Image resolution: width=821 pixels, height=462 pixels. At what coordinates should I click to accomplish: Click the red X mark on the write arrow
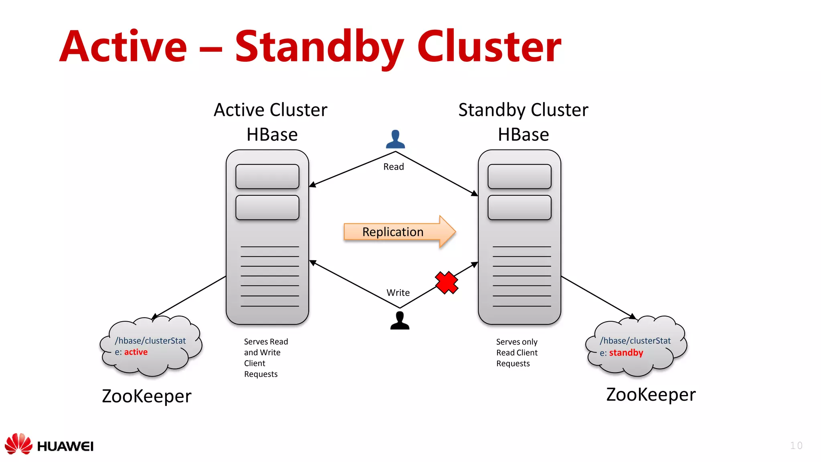tap(447, 283)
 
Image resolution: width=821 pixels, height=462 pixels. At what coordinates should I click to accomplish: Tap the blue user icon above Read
tap(395, 140)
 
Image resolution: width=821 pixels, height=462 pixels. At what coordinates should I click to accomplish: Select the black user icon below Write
tap(400, 321)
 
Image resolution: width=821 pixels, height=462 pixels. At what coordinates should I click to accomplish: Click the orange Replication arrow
tap(399, 232)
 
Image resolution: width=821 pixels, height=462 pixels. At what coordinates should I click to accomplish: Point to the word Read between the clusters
tap(393, 167)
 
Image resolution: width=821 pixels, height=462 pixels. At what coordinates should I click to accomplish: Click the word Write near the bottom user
tap(398, 293)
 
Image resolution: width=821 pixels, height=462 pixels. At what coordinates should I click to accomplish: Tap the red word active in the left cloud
tap(136, 352)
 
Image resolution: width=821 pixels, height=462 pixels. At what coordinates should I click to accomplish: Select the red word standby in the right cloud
tap(626, 353)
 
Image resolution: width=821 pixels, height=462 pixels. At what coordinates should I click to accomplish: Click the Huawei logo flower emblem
tap(18, 444)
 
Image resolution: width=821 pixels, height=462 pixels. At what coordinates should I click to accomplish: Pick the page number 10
tap(796, 446)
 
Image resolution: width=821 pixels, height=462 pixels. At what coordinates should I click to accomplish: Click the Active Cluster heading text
tap(270, 110)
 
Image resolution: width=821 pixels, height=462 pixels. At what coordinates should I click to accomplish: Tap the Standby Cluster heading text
tap(523, 110)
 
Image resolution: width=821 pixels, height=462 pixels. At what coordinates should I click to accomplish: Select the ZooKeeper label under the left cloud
tap(147, 396)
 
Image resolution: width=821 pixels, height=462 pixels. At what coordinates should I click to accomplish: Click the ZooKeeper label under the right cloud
tap(651, 395)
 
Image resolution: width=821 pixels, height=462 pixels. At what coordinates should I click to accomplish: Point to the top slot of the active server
tap(267, 176)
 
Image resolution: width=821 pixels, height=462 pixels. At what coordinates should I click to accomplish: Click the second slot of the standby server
tap(519, 207)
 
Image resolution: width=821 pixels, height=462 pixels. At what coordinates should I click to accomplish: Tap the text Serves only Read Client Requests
tap(516, 353)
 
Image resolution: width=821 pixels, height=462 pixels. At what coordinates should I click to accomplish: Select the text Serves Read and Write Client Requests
tap(266, 358)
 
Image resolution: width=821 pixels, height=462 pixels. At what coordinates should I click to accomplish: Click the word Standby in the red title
tap(319, 47)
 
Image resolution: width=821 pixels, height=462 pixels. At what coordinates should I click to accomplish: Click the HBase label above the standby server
tap(523, 135)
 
